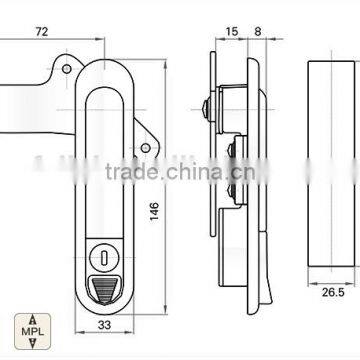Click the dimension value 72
click(x=42, y=32)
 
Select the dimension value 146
click(x=154, y=211)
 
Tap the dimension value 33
click(x=104, y=325)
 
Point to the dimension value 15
click(x=232, y=32)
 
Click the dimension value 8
click(x=258, y=32)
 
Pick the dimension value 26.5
click(x=333, y=292)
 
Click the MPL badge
click(x=32, y=331)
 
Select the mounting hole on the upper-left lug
click(x=67, y=69)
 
